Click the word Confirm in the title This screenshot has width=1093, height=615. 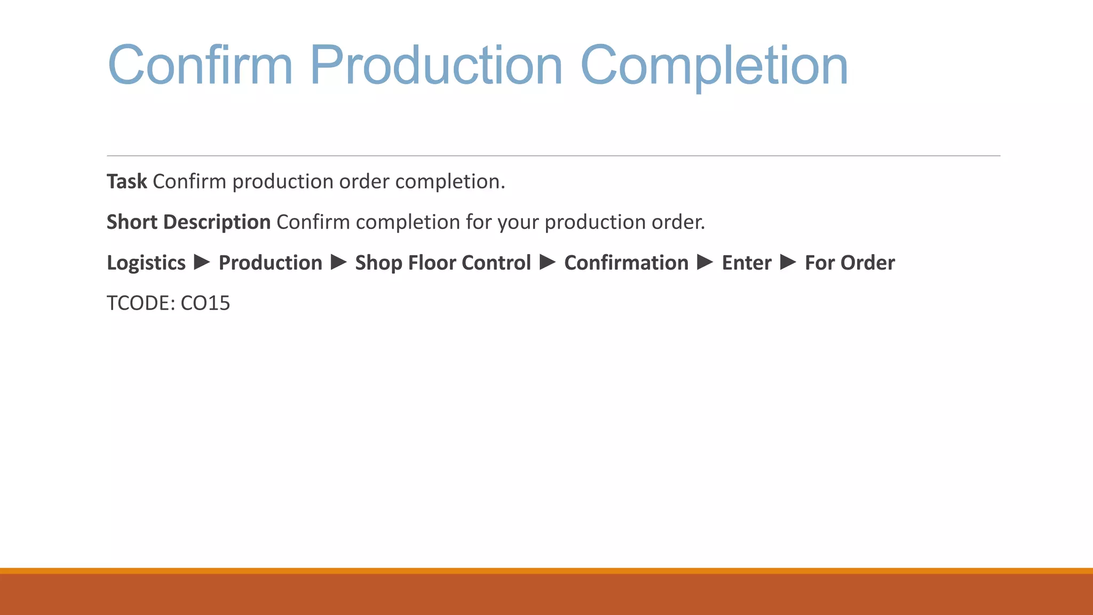coord(200,65)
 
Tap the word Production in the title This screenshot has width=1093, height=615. coord(436,65)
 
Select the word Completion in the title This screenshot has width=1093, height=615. coord(714,65)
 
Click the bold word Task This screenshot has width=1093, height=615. coord(126,182)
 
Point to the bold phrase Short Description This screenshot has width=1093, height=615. coord(188,222)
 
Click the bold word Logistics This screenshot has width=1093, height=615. coord(146,263)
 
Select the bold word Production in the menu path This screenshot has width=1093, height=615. coord(271,263)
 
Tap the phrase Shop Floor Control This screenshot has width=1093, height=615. coord(443,263)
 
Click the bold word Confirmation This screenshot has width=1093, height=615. coord(626,263)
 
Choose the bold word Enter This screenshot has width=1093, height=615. coord(747,263)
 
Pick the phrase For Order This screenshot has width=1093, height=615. coord(850,263)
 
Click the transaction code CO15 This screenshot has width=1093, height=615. coord(205,303)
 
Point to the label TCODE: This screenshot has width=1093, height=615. coord(141,303)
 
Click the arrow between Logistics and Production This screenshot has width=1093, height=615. coord(202,262)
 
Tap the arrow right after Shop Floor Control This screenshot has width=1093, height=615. coord(548,262)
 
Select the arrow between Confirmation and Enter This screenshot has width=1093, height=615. coord(705,262)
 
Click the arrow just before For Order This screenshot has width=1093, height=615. coord(788,262)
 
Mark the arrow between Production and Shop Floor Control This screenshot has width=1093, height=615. coord(339,262)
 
